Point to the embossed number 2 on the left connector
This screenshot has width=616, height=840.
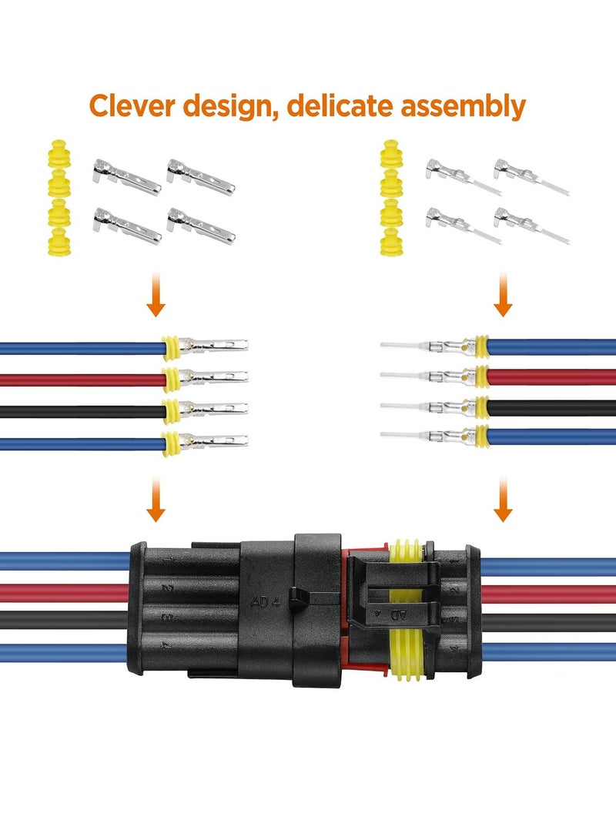[166, 588]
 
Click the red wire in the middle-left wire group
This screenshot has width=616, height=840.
[77, 379]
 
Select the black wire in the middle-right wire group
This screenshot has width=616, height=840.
[551, 407]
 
